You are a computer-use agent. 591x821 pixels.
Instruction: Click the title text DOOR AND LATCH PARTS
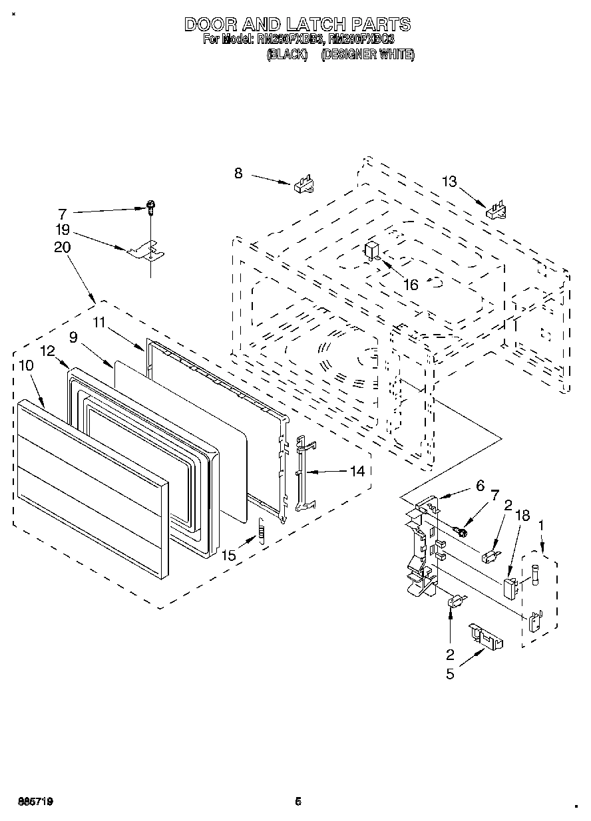click(x=297, y=25)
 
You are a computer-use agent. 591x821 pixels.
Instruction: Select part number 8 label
click(x=238, y=174)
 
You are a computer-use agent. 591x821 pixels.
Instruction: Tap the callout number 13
click(x=450, y=182)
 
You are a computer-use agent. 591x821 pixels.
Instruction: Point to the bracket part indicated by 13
click(x=496, y=211)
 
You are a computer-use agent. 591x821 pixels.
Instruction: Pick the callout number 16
click(x=411, y=285)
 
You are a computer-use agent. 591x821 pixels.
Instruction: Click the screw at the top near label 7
click(x=151, y=208)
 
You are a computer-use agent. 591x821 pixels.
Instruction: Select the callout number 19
click(x=62, y=230)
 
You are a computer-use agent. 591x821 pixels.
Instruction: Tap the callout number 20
click(x=62, y=247)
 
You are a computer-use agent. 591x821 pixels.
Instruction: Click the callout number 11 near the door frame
click(x=99, y=322)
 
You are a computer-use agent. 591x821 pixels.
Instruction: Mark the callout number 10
click(x=26, y=365)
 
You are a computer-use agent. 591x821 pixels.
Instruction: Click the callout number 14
click(x=357, y=471)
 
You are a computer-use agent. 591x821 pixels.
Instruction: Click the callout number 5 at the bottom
click(x=451, y=673)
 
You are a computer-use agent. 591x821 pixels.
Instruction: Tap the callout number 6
click(x=480, y=486)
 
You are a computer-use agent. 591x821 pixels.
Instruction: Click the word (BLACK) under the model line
click(x=286, y=55)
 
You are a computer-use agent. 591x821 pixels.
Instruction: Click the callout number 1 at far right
click(x=540, y=525)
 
